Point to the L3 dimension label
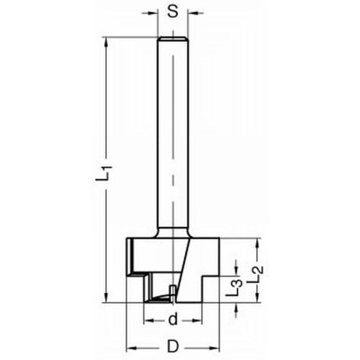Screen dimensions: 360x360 (235, 289)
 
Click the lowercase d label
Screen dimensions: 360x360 (173, 320)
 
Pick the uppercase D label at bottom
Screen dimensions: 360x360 (173, 346)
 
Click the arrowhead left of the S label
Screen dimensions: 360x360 (153, 13)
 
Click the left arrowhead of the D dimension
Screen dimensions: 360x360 (130, 346)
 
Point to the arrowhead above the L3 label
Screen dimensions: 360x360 (236, 271)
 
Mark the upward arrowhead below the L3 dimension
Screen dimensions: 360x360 (236, 307)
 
